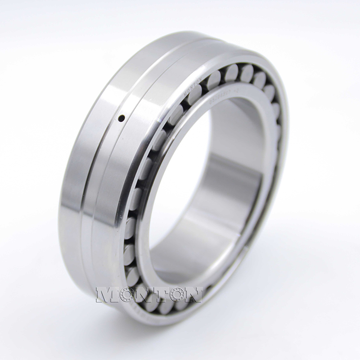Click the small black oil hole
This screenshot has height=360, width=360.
click(x=121, y=119)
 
